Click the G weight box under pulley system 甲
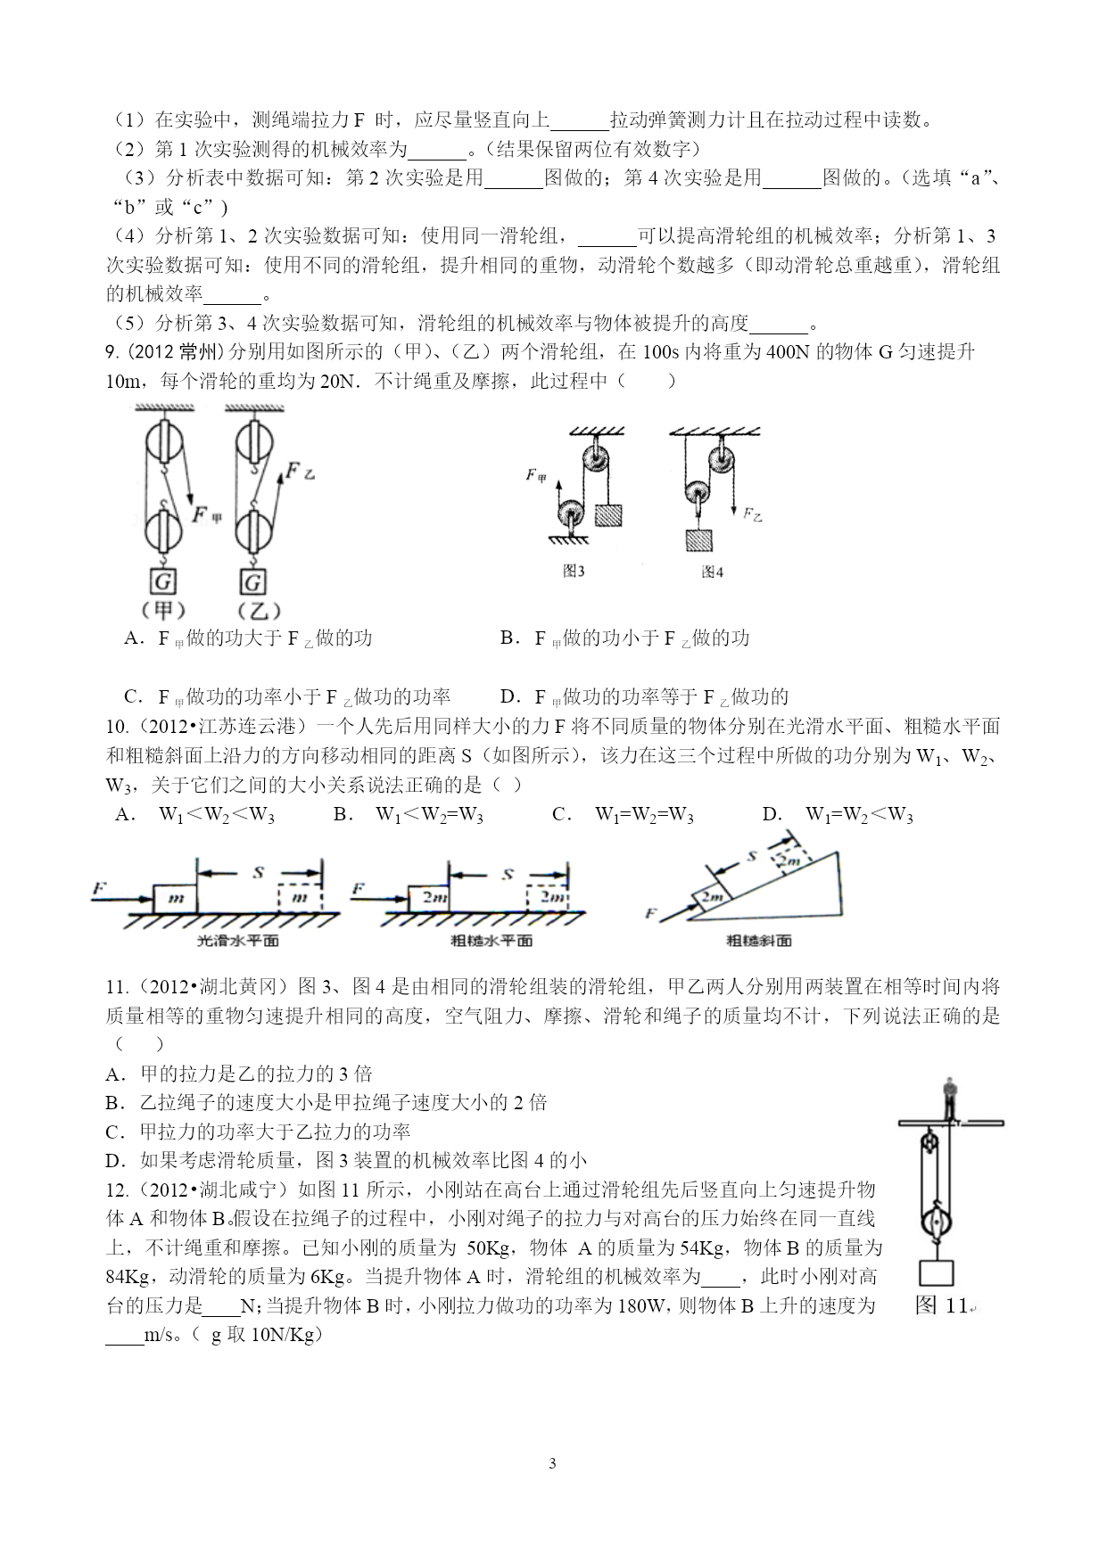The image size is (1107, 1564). click(163, 582)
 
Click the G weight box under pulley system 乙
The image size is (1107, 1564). click(252, 582)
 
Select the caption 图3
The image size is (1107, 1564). click(574, 572)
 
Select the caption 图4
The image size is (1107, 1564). click(711, 572)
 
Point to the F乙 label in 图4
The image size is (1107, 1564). click(753, 514)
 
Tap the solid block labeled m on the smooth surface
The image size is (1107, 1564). click(175, 898)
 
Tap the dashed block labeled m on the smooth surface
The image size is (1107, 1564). click(299, 898)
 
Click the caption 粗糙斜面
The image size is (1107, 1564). click(758, 941)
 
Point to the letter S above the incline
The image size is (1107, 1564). click(751, 857)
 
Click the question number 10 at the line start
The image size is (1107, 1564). click(115, 727)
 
